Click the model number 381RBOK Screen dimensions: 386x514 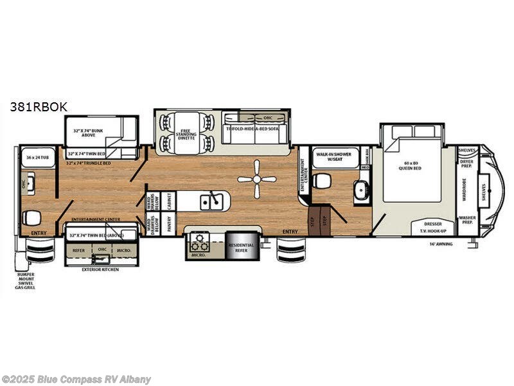tap(38, 107)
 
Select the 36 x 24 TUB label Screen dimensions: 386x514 tap(39, 156)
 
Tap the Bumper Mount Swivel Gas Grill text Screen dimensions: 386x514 tap(26, 281)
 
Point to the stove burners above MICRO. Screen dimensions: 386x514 tap(200, 243)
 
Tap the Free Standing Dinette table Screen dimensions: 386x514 tap(189, 131)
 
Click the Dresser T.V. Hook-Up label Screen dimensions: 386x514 tap(433, 227)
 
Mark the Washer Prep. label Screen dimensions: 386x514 tap(468, 221)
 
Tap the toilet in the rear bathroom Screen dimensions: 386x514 tap(30, 216)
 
